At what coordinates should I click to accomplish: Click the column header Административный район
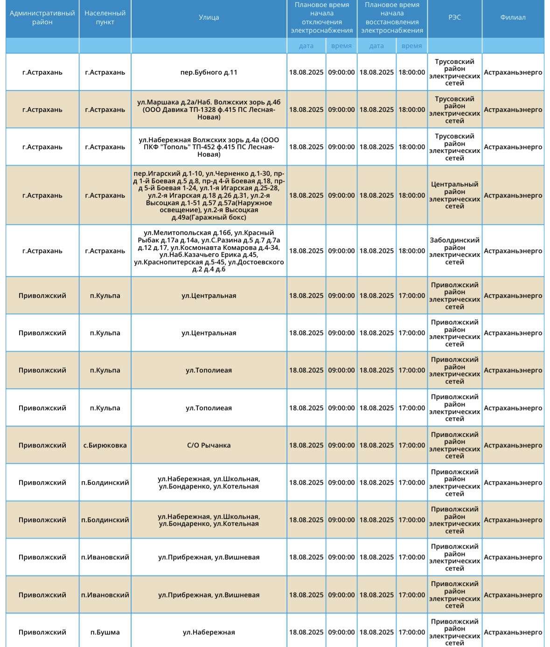coord(42,18)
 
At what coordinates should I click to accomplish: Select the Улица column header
coord(209,18)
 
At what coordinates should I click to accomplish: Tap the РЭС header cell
coord(454,18)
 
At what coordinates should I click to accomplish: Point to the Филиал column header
coord(513,18)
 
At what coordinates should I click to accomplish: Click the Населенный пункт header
coord(105,18)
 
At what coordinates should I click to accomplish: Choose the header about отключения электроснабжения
coord(321,18)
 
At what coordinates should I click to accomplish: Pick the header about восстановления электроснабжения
coord(392,18)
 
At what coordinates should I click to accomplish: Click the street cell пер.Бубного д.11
coord(209,72)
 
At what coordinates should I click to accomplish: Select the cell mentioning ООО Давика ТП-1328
coord(209,110)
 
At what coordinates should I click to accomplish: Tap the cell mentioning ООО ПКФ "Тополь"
coord(209,147)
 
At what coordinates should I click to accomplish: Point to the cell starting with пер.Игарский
coord(209,195)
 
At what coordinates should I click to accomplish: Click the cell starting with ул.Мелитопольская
coord(209,251)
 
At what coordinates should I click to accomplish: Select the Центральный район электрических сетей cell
coord(454,195)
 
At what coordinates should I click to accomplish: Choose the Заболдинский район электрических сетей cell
coord(454,251)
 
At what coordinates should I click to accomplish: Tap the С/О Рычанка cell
coord(209,445)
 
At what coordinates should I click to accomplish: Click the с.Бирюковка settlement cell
coord(105,445)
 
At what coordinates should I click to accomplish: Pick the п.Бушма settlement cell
coord(105,632)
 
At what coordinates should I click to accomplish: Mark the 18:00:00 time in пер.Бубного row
coord(411,72)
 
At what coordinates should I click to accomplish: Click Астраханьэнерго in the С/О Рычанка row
coord(513,445)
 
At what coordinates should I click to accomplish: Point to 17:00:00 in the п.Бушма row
coord(411,632)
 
